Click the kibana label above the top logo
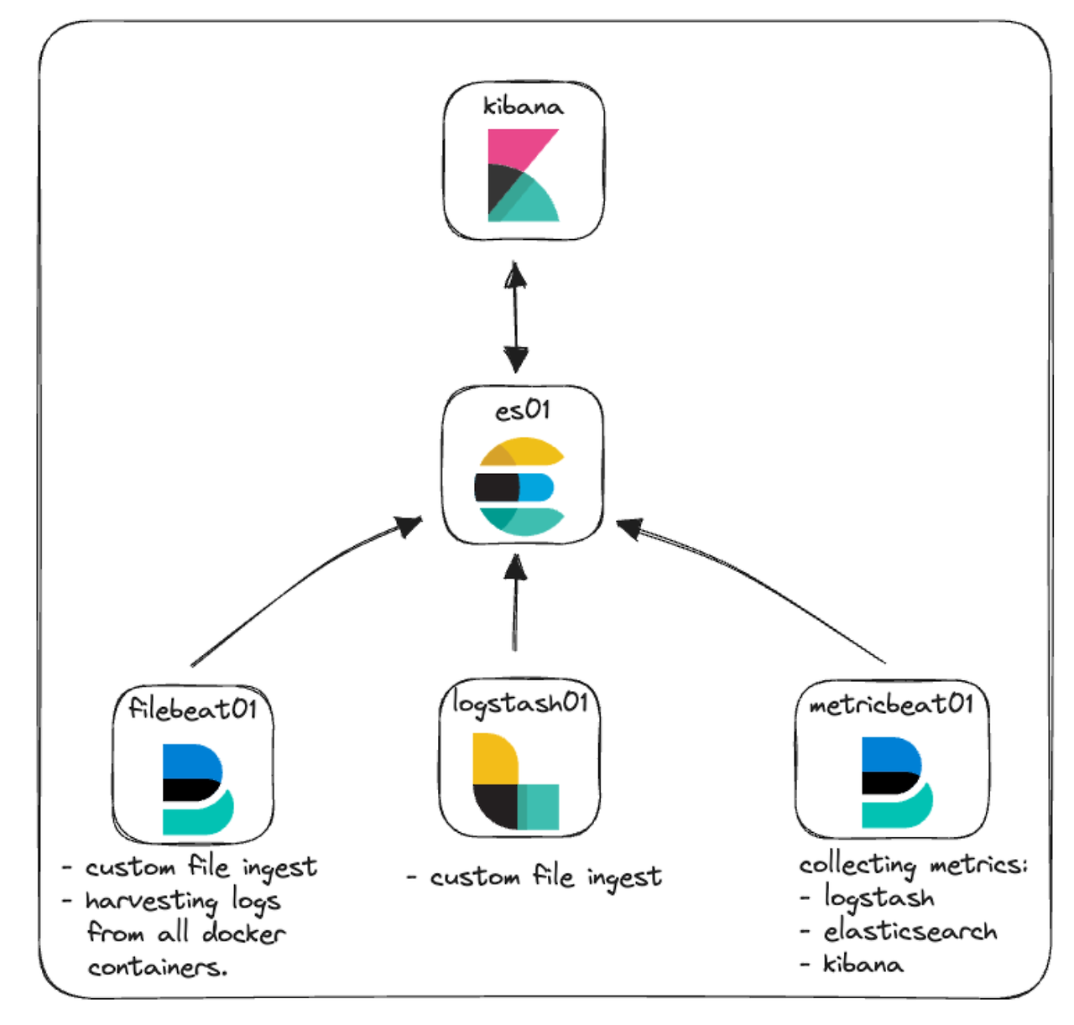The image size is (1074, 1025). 523,107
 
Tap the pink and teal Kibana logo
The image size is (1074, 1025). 523,174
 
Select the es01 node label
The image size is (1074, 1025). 522,410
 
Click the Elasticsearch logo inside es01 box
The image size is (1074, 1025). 519,486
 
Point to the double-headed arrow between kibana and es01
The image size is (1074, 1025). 515,317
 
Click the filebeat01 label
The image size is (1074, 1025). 192,709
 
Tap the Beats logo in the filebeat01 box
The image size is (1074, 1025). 196,788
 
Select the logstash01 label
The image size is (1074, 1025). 519,703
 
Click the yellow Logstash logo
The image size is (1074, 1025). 514,781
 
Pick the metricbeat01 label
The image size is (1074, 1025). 891,705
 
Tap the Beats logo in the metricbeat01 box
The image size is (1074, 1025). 896,782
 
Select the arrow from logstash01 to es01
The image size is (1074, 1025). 515,604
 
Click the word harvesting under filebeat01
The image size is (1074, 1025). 151,901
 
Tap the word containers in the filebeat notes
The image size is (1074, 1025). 157,967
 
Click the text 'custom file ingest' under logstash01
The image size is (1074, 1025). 545,877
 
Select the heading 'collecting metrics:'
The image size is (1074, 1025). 912,864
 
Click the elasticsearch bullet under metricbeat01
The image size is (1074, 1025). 910,931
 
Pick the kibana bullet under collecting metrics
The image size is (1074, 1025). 863,964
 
